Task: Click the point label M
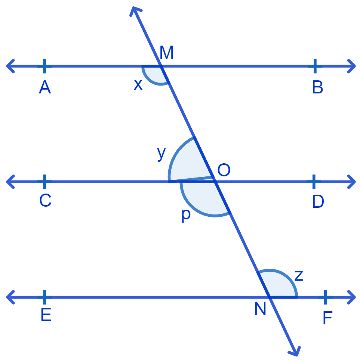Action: (x=166, y=52)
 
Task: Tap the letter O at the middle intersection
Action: (x=224, y=170)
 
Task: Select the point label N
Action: (x=260, y=309)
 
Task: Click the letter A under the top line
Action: (x=45, y=87)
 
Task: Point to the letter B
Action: (x=318, y=87)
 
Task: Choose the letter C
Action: (x=45, y=200)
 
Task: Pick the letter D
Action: (x=318, y=201)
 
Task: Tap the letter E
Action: (x=46, y=315)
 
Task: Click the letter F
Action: (x=327, y=318)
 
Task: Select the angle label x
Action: (x=138, y=84)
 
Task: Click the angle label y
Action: (x=161, y=154)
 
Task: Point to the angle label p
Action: (x=186, y=216)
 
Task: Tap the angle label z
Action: (x=299, y=275)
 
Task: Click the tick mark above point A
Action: (x=44, y=66)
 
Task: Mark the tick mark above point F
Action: (x=325, y=297)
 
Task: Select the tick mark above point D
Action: (x=314, y=182)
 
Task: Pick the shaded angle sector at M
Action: (x=155, y=74)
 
